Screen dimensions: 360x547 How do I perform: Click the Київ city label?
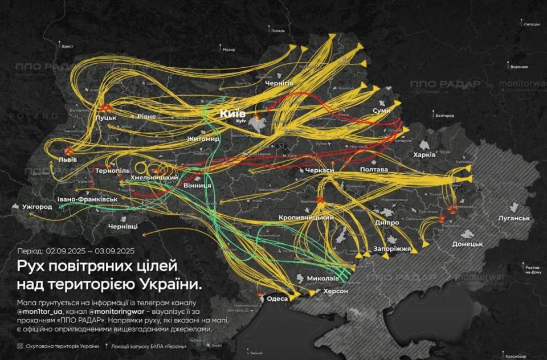(x=232, y=113)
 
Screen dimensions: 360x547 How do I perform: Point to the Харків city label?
(x=424, y=155)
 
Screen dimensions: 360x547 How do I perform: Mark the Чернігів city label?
(x=279, y=83)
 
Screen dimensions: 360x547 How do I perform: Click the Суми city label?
(x=381, y=110)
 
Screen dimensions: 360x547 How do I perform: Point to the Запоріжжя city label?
(x=392, y=249)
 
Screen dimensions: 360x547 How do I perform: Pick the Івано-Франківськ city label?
(x=87, y=200)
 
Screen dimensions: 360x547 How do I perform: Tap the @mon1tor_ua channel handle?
(x=43, y=312)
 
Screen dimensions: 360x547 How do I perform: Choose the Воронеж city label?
(x=519, y=67)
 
